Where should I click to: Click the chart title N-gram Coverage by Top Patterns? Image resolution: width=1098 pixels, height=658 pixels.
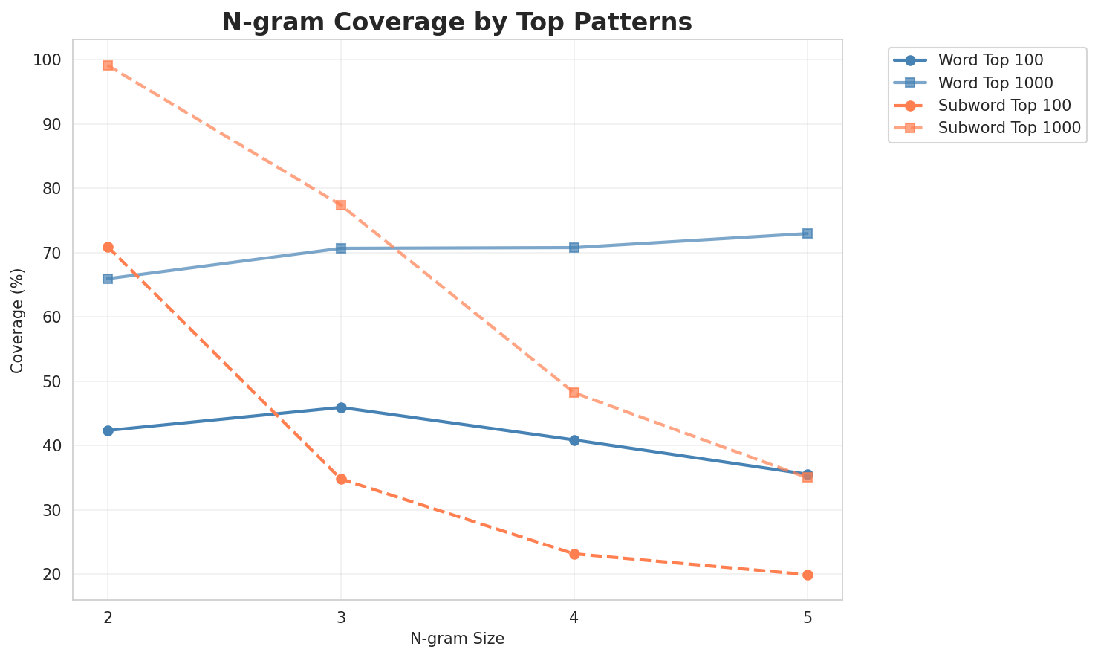tap(457, 22)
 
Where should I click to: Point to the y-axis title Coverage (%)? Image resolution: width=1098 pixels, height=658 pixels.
tap(18, 320)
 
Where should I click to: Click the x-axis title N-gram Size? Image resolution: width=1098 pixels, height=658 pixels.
tap(457, 639)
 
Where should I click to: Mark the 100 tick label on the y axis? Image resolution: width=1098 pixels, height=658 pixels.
tap(48, 59)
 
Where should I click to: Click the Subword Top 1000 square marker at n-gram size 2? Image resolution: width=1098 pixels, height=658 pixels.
tap(108, 65)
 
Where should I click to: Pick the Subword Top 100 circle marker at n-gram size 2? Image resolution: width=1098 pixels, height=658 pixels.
tap(108, 247)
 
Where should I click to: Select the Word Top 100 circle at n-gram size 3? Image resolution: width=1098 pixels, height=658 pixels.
tap(341, 407)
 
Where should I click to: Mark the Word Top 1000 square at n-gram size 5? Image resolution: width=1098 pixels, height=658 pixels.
tap(808, 233)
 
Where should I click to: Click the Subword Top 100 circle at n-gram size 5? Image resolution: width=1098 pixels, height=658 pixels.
tap(808, 575)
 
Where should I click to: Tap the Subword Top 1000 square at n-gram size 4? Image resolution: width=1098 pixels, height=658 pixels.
tap(574, 393)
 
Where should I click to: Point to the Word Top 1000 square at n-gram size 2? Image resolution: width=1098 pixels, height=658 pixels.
tap(108, 279)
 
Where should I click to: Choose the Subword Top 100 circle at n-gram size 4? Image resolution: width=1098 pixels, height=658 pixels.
tap(574, 554)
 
